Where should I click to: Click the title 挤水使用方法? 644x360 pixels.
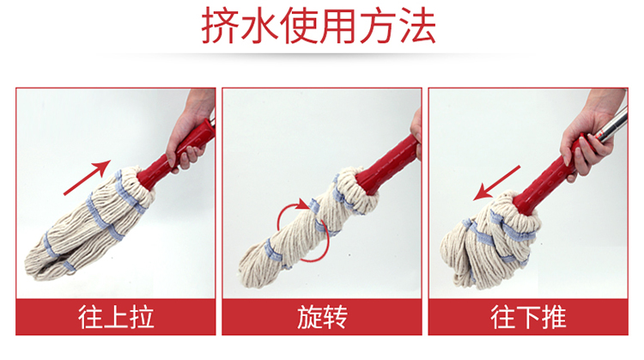pos(319,27)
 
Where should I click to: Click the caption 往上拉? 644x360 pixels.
pos(116,317)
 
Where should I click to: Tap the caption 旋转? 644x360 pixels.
pos(322,317)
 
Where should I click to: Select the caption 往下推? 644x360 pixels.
pos(529,317)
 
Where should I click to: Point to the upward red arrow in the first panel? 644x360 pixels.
pos(87,178)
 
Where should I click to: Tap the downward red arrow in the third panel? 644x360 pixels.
pos(496,183)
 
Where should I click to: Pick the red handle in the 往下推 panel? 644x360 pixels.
pos(549,179)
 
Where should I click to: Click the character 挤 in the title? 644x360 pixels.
pos(220,27)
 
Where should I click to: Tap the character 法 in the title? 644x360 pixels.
pos(417,27)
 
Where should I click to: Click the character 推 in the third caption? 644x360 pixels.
pos(554,317)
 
